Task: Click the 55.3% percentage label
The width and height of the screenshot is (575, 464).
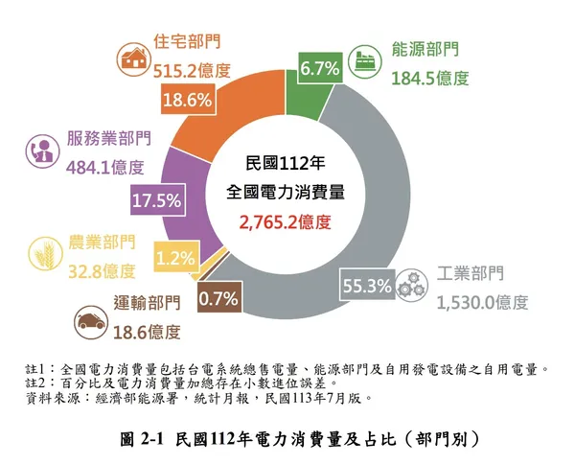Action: tap(365, 285)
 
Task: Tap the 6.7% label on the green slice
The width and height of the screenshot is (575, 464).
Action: tap(319, 68)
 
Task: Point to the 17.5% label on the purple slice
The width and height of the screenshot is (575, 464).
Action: tap(157, 200)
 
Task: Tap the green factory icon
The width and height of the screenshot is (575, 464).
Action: tap(366, 58)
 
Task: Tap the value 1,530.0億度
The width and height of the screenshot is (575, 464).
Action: tap(482, 303)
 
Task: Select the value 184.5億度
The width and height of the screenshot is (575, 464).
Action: tap(429, 78)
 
